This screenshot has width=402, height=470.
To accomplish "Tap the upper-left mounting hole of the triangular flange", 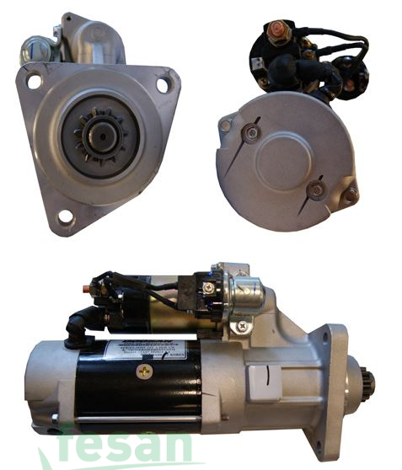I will coord(34,82).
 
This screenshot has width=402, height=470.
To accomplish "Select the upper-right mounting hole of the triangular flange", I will coord(163,84).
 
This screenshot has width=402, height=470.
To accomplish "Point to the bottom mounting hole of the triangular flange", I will coord(64,219).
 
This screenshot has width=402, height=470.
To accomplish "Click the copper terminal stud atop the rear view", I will coord(275,32).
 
